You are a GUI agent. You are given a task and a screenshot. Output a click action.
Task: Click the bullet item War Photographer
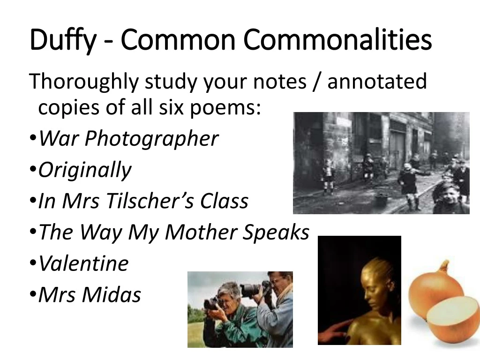click(x=128, y=139)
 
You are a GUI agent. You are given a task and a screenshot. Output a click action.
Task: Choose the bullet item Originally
click(x=85, y=170)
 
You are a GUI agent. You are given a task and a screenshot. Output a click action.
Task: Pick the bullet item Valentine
click(x=83, y=263)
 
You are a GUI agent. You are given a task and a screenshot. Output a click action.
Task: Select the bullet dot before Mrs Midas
click(x=32, y=295)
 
